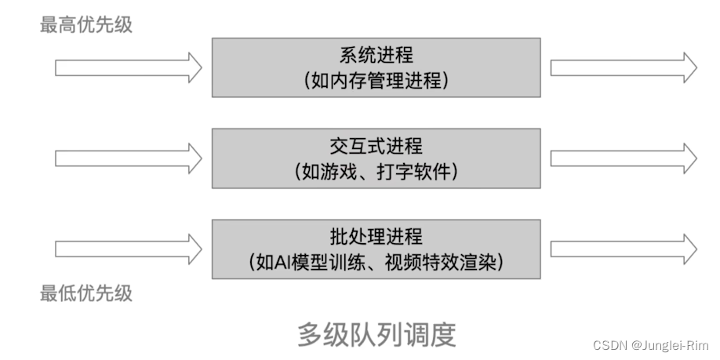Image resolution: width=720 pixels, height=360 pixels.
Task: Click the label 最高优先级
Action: tap(86, 24)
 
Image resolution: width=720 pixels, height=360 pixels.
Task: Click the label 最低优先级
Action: tap(86, 293)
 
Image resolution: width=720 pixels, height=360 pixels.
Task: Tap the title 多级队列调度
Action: tap(376, 334)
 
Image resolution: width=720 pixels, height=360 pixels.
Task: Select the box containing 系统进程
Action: tap(376, 67)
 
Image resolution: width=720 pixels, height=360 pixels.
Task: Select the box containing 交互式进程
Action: tap(376, 158)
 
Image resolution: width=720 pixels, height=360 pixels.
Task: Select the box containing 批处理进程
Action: tap(376, 249)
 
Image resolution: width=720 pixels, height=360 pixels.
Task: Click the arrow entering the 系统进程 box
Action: tap(128, 67)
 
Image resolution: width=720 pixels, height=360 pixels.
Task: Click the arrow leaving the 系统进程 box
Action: tap(624, 67)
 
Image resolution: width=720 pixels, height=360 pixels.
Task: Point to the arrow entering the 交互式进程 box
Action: tap(128, 158)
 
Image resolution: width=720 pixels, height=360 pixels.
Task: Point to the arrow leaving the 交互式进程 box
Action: tap(624, 158)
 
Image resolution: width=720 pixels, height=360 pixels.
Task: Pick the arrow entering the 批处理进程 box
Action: tap(128, 249)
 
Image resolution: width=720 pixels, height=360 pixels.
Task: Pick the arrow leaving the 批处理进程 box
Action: tap(624, 249)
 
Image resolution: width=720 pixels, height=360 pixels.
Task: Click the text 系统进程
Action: tap(376, 56)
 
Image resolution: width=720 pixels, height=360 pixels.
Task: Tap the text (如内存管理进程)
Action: tap(376, 79)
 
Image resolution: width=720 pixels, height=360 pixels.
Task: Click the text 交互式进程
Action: tap(376, 147)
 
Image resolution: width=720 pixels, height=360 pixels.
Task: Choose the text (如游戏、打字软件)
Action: tap(376, 170)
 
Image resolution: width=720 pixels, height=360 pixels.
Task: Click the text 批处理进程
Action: tap(376, 238)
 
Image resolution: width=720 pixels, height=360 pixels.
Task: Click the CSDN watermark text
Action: tap(611, 346)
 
